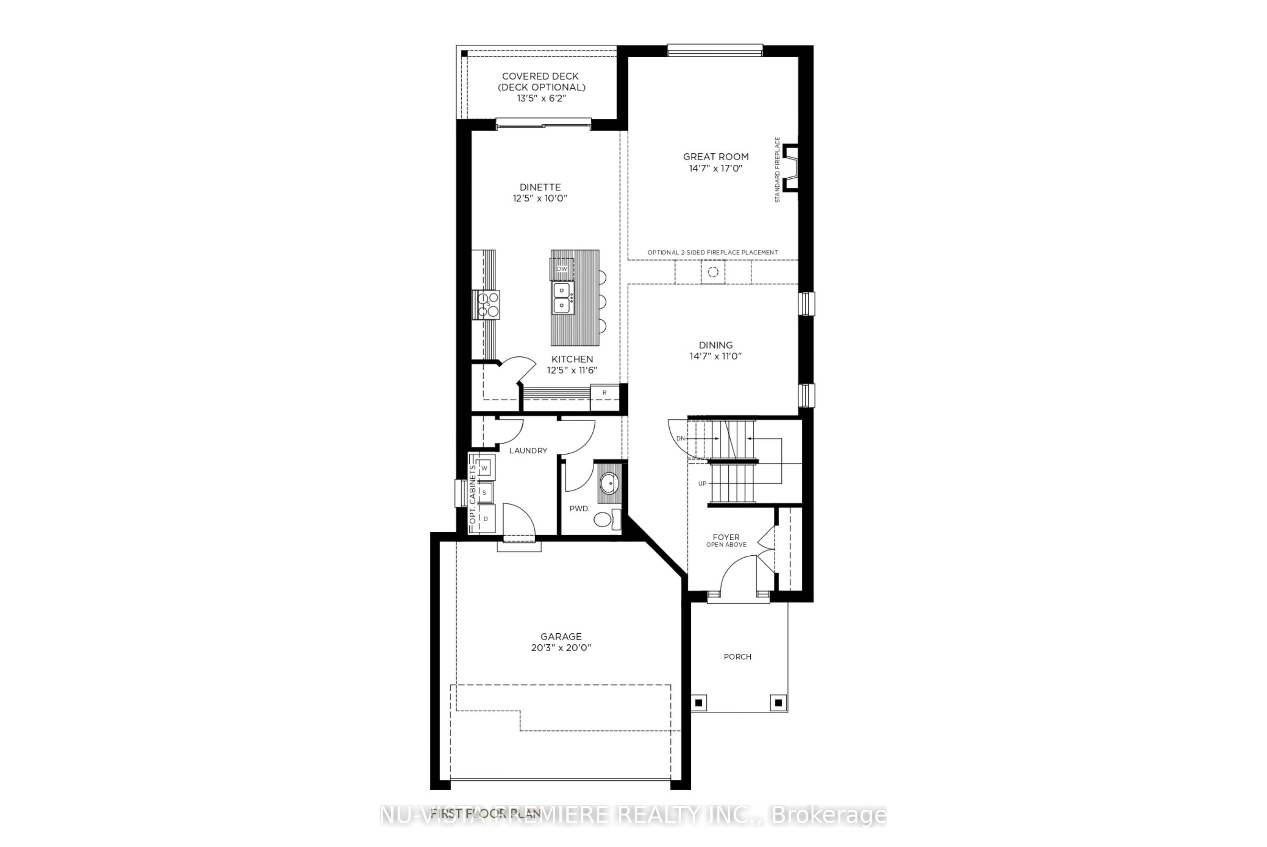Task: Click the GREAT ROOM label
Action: [715, 156]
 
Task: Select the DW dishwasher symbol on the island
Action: [562, 269]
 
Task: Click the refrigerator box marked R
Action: [604, 393]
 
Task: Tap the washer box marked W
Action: [485, 468]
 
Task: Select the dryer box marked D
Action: [486, 518]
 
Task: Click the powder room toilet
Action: [603, 520]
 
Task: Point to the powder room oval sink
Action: [610, 483]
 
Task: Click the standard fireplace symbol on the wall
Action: [791, 167]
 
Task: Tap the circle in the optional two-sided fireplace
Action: [713, 272]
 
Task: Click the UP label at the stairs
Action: [702, 483]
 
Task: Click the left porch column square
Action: [698, 703]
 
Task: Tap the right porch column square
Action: [778, 703]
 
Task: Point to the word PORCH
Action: [737, 657]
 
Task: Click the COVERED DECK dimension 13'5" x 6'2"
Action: [541, 98]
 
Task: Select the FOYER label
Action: [726, 537]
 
